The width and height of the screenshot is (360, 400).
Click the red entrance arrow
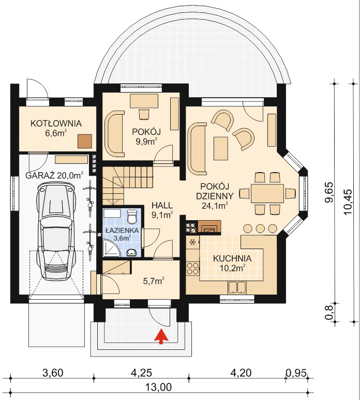[161, 337]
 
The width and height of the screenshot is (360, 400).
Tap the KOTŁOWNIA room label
[56, 124]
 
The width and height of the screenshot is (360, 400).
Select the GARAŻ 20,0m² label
[55, 176]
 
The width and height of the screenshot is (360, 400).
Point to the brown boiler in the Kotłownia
[85, 141]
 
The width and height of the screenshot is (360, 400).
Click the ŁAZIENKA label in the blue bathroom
[122, 230]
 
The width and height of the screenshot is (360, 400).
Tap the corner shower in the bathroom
[112, 248]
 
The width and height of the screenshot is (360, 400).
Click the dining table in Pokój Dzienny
[267, 193]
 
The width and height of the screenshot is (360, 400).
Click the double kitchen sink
[237, 287]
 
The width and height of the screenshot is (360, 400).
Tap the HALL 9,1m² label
[162, 210]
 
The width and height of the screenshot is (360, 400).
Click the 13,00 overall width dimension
[159, 387]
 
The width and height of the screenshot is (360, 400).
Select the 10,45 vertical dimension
[348, 202]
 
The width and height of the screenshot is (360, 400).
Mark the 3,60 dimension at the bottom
[53, 373]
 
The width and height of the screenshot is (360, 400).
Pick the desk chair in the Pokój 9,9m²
[144, 114]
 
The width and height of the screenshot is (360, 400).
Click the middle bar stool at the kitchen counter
[260, 228]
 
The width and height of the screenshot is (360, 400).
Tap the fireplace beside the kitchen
[209, 226]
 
